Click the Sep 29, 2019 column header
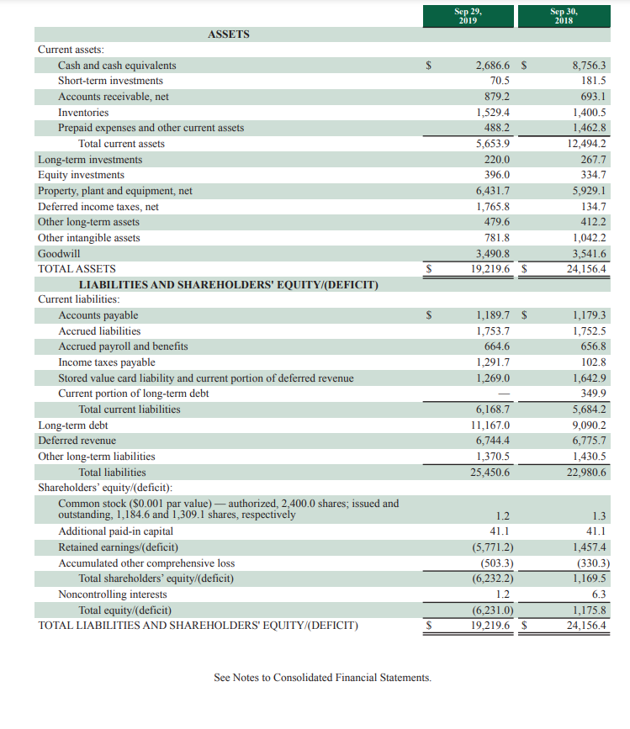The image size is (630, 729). point(469,15)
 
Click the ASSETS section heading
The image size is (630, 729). point(228,34)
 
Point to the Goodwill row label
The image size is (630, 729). point(59,253)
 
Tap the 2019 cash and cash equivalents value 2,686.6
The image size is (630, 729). point(492,65)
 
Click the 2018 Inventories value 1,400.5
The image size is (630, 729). point(589,112)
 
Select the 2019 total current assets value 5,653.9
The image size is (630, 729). point(492,144)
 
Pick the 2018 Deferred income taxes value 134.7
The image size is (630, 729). point(594,206)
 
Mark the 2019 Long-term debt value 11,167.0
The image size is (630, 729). point(489,425)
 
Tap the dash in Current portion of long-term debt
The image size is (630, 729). point(504,394)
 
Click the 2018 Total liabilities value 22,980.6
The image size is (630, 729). point(585,472)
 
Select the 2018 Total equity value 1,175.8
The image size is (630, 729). point(589,610)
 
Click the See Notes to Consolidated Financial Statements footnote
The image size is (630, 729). point(322,677)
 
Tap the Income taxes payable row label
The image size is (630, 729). point(106,362)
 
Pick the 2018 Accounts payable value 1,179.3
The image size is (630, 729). point(589,315)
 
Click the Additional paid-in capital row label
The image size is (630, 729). point(115,531)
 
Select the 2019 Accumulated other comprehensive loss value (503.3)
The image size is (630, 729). point(495,563)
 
